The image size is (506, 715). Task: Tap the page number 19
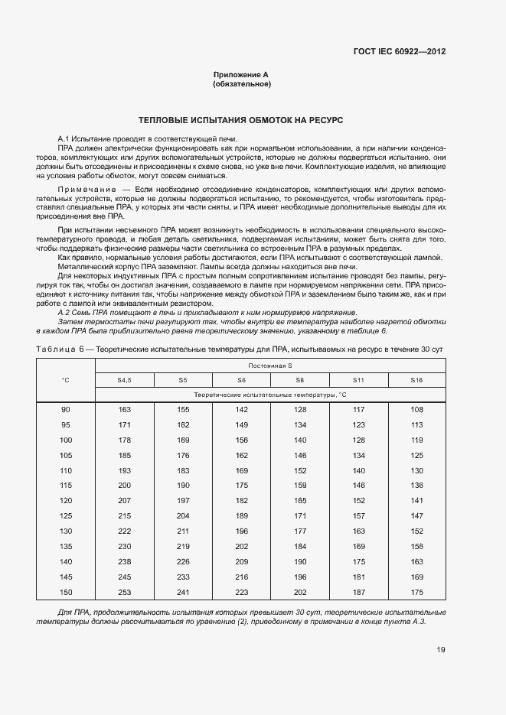coord(441,650)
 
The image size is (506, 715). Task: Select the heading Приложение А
coord(241,75)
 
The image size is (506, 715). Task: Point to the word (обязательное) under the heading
coord(241,83)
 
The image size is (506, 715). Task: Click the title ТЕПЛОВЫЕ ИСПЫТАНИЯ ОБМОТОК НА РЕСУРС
coord(241,121)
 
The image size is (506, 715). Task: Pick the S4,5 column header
coord(125,380)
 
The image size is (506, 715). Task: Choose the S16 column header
coord(416,380)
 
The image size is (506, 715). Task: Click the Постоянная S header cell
coord(270,366)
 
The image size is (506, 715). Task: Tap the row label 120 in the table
coord(66,499)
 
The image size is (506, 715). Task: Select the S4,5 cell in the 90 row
coord(125,410)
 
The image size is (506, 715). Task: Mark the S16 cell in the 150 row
coord(416,592)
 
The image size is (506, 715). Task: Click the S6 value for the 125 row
coord(241,516)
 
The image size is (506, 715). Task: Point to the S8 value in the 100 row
coord(299,440)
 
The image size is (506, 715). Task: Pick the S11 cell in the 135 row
coord(358,546)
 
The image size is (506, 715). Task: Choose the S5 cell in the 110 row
coord(183,470)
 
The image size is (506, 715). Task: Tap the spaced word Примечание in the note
coord(85,187)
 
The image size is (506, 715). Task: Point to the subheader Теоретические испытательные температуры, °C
coord(270,395)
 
